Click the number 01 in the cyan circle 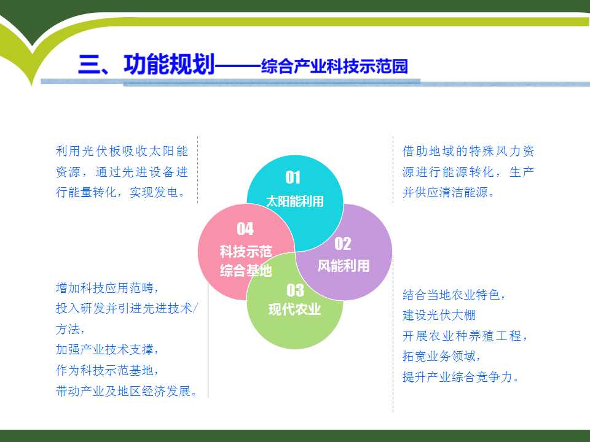(293, 177)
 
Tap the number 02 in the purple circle (343, 244)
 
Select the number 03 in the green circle (295, 290)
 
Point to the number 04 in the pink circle (245, 228)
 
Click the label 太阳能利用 (295, 201)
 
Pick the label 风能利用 (344, 266)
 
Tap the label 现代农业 (294, 309)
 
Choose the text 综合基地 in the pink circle (246, 270)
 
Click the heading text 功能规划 (169, 64)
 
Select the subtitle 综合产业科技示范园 (334, 66)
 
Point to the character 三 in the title (88, 64)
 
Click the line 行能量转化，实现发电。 (120, 192)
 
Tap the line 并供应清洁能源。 (448, 192)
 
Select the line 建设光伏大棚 (439, 315)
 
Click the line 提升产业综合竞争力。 (460, 376)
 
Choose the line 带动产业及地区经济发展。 (127, 391)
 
